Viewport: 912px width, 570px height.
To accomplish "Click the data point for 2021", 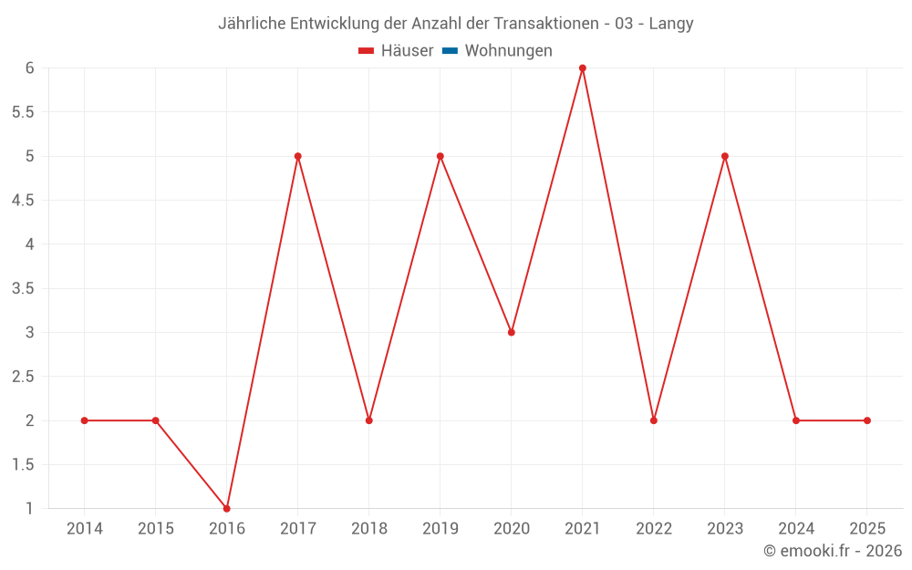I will point(582,68).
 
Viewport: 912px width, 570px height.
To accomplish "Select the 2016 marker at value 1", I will point(226,508).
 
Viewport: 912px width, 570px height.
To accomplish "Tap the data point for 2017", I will point(297,156).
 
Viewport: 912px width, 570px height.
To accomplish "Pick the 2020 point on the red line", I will point(511,332).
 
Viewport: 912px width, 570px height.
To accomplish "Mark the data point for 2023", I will point(724,156).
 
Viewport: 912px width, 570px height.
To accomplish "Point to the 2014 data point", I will point(84,420).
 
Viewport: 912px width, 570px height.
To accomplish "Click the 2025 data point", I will point(866,420).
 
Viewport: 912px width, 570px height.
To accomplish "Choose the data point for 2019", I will point(440,156).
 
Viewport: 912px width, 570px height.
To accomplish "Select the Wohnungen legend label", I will point(508,51).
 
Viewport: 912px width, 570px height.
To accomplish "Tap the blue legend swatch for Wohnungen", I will point(450,51).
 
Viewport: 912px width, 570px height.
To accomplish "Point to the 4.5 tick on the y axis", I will point(23,201).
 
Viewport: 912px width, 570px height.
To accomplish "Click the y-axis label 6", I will point(29,68).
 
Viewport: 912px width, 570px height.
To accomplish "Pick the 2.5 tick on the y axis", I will point(23,377).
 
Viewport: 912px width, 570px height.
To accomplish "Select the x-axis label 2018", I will point(368,529).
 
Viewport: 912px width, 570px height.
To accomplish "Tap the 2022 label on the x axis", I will point(653,529).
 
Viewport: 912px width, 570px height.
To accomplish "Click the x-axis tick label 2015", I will point(155,529).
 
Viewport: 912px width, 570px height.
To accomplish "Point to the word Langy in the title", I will point(671,24).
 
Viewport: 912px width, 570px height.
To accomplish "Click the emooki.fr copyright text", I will point(832,551).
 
